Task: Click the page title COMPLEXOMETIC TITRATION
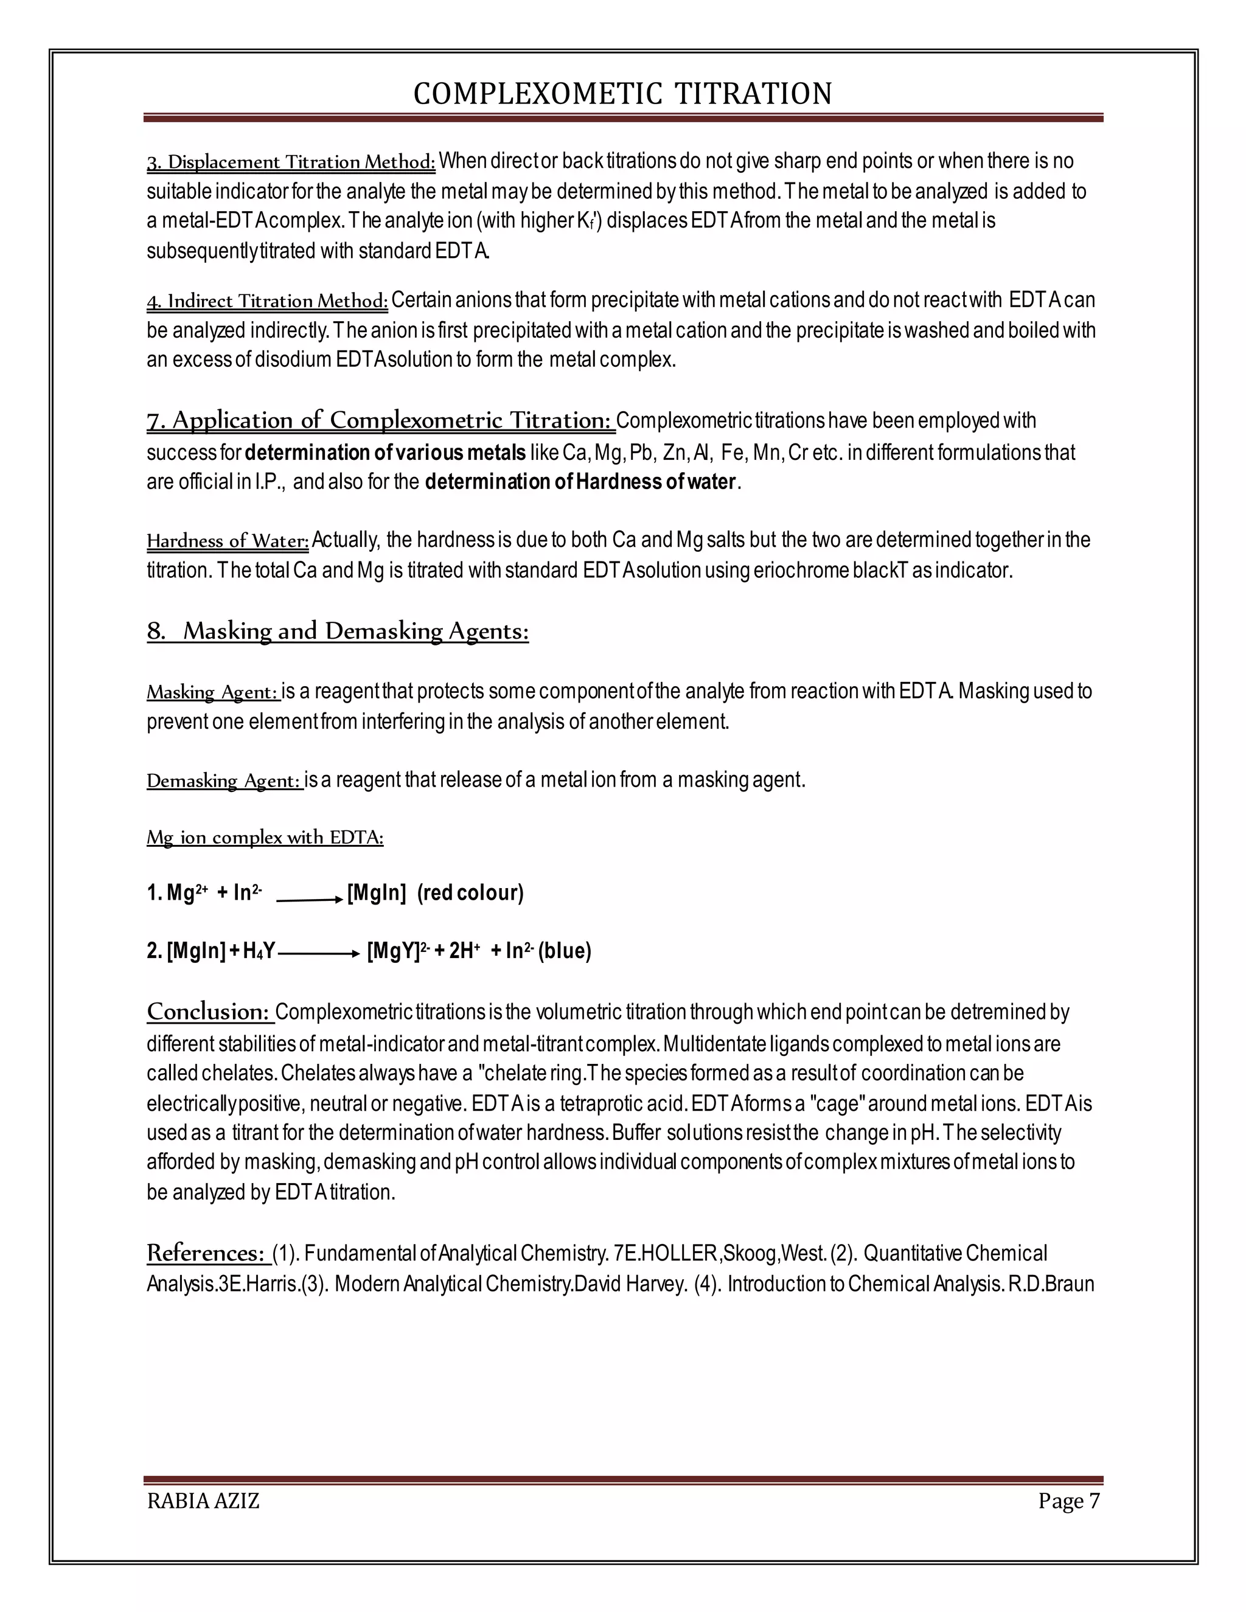click(x=622, y=94)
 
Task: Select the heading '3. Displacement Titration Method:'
click(x=291, y=162)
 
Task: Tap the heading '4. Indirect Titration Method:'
click(x=267, y=301)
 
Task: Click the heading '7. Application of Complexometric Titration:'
click(x=380, y=421)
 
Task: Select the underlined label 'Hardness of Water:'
click(x=228, y=541)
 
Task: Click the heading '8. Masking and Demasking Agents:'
click(x=337, y=631)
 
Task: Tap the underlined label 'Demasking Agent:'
click(x=224, y=781)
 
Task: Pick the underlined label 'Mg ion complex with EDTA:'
click(x=265, y=838)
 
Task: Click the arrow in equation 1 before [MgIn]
click(x=309, y=900)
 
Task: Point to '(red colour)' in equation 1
click(x=470, y=893)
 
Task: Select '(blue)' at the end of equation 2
click(x=565, y=951)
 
